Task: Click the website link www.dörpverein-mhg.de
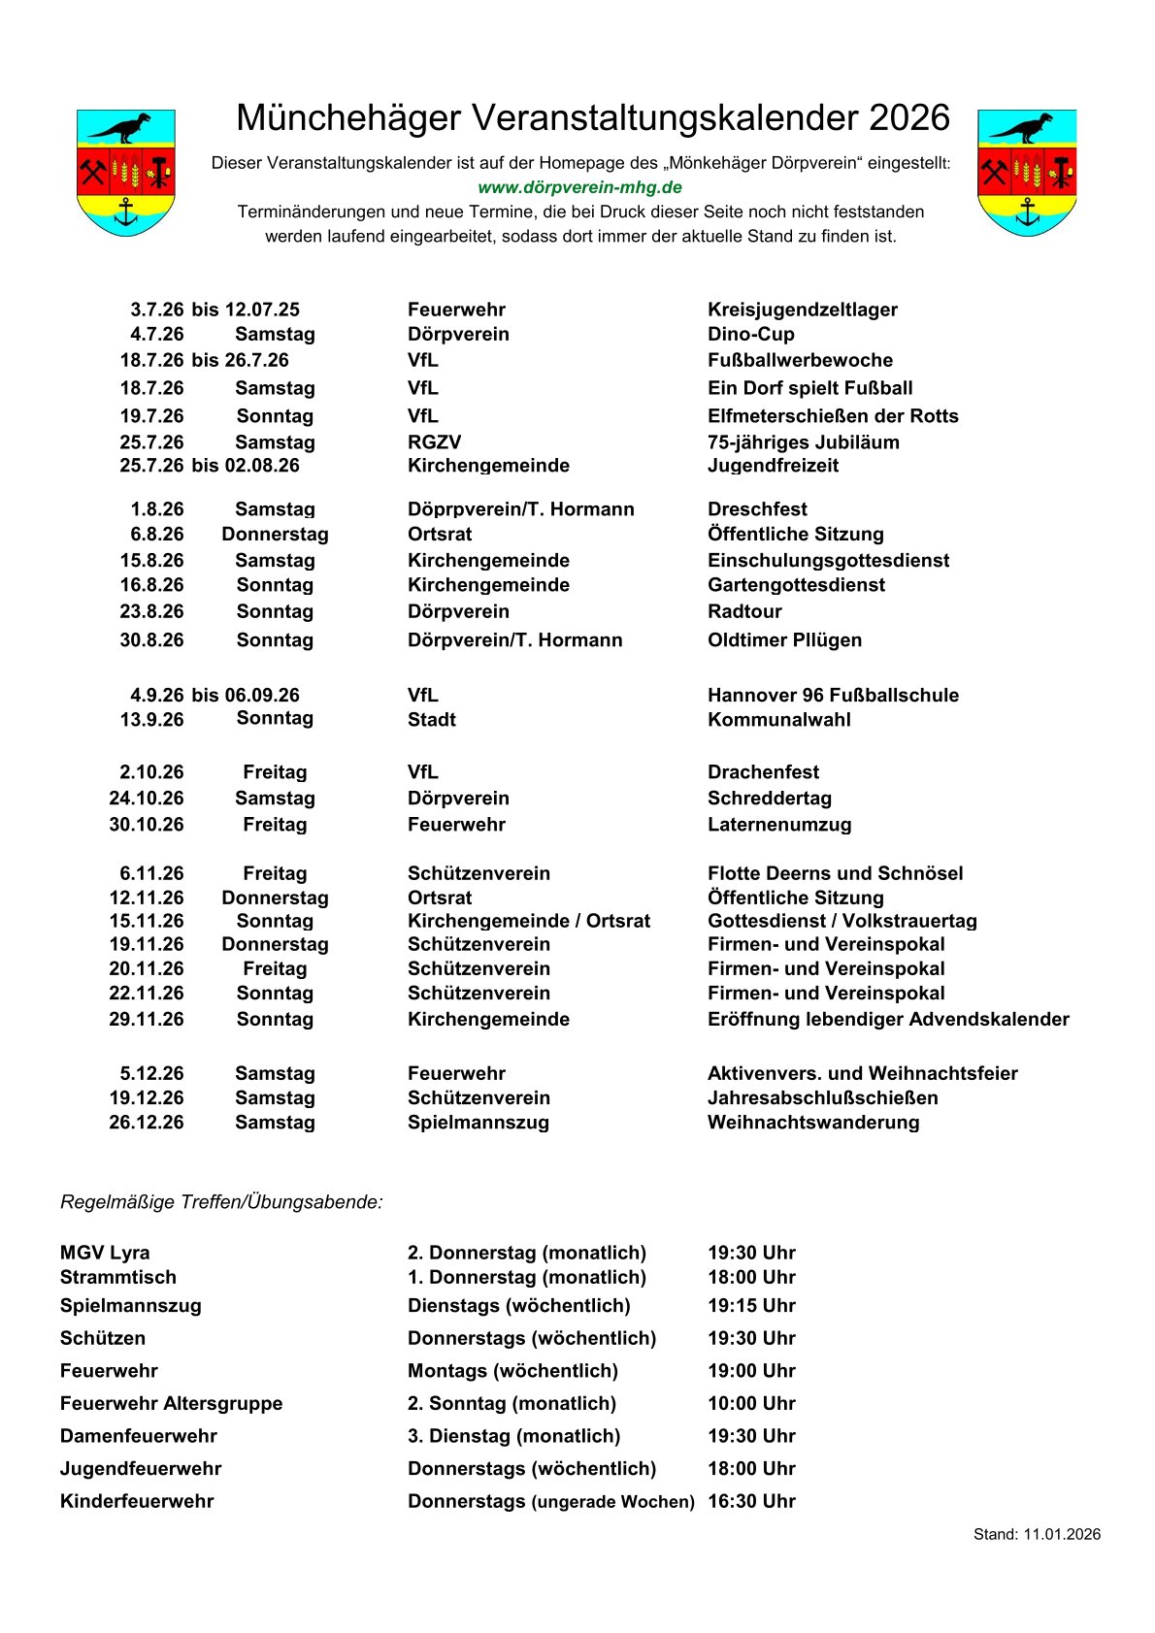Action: (579, 187)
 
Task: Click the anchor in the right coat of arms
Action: (1027, 212)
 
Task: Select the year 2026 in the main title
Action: (908, 118)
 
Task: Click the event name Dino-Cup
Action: (750, 334)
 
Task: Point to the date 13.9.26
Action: (151, 720)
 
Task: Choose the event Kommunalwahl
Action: (778, 720)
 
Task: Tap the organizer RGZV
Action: (434, 442)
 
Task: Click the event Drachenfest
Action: (763, 772)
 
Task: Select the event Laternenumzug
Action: (779, 825)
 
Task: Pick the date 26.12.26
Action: (147, 1123)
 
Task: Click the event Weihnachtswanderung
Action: (813, 1123)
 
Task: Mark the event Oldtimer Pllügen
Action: (784, 640)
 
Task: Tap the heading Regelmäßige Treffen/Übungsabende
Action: (221, 1202)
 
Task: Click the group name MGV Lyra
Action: (105, 1253)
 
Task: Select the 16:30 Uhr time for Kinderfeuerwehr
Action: (751, 1501)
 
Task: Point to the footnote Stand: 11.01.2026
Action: (1037, 1534)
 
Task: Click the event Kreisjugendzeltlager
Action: (802, 310)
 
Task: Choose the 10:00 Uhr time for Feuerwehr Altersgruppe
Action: (751, 1403)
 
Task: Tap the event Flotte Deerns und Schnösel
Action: (835, 873)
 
